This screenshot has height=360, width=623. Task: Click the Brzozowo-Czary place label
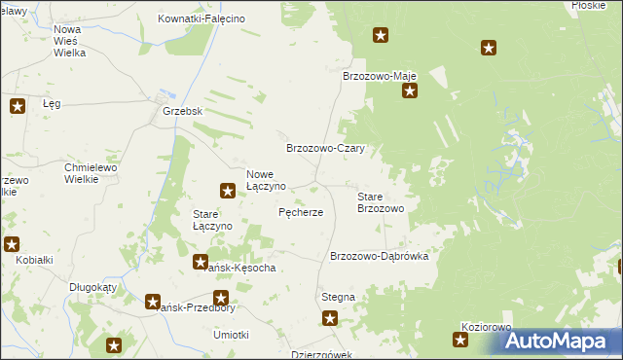pyautogui.click(x=324, y=148)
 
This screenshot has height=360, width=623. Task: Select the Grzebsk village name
pyautogui.click(x=182, y=111)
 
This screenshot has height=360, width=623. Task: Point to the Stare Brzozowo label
pyautogui.click(x=386, y=202)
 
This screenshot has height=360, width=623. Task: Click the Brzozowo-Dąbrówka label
pyautogui.click(x=386, y=256)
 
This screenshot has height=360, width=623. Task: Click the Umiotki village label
pyautogui.click(x=231, y=334)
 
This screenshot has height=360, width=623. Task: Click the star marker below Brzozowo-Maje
pyautogui.click(x=410, y=92)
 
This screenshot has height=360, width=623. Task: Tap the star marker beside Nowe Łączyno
pyautogui.click(x=228, y=192)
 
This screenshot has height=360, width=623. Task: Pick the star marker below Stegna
pyautogui.click(x=330, y=317)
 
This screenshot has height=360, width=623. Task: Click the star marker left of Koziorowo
pyautogui.click(x=460, y=340)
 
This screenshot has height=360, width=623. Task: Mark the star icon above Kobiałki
pyautogui.click(x=11, y=244)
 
